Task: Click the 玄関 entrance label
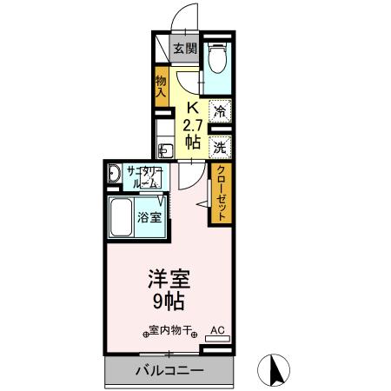(182, 49)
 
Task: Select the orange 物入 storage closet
(162, 84)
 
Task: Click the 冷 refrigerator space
(221, 111)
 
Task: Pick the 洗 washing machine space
(221, 146)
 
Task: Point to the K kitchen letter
(193, 109)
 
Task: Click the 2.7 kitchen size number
(193, 125)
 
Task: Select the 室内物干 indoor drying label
(170, 331)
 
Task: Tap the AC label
(217, 330)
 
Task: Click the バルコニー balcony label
(169, 371)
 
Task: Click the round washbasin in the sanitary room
(114, 176)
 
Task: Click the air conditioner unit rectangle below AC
(217, 341)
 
